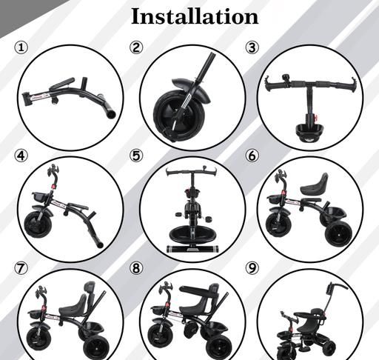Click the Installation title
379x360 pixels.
195,16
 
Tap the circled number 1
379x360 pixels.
21,47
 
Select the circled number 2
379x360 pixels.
136,47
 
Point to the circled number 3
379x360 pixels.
252,47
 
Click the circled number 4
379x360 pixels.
21,156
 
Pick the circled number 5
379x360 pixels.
136,156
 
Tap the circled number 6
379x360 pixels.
252,156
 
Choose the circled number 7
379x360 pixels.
21,268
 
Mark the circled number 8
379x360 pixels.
136,268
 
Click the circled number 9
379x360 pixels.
252,268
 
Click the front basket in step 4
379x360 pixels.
41,197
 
